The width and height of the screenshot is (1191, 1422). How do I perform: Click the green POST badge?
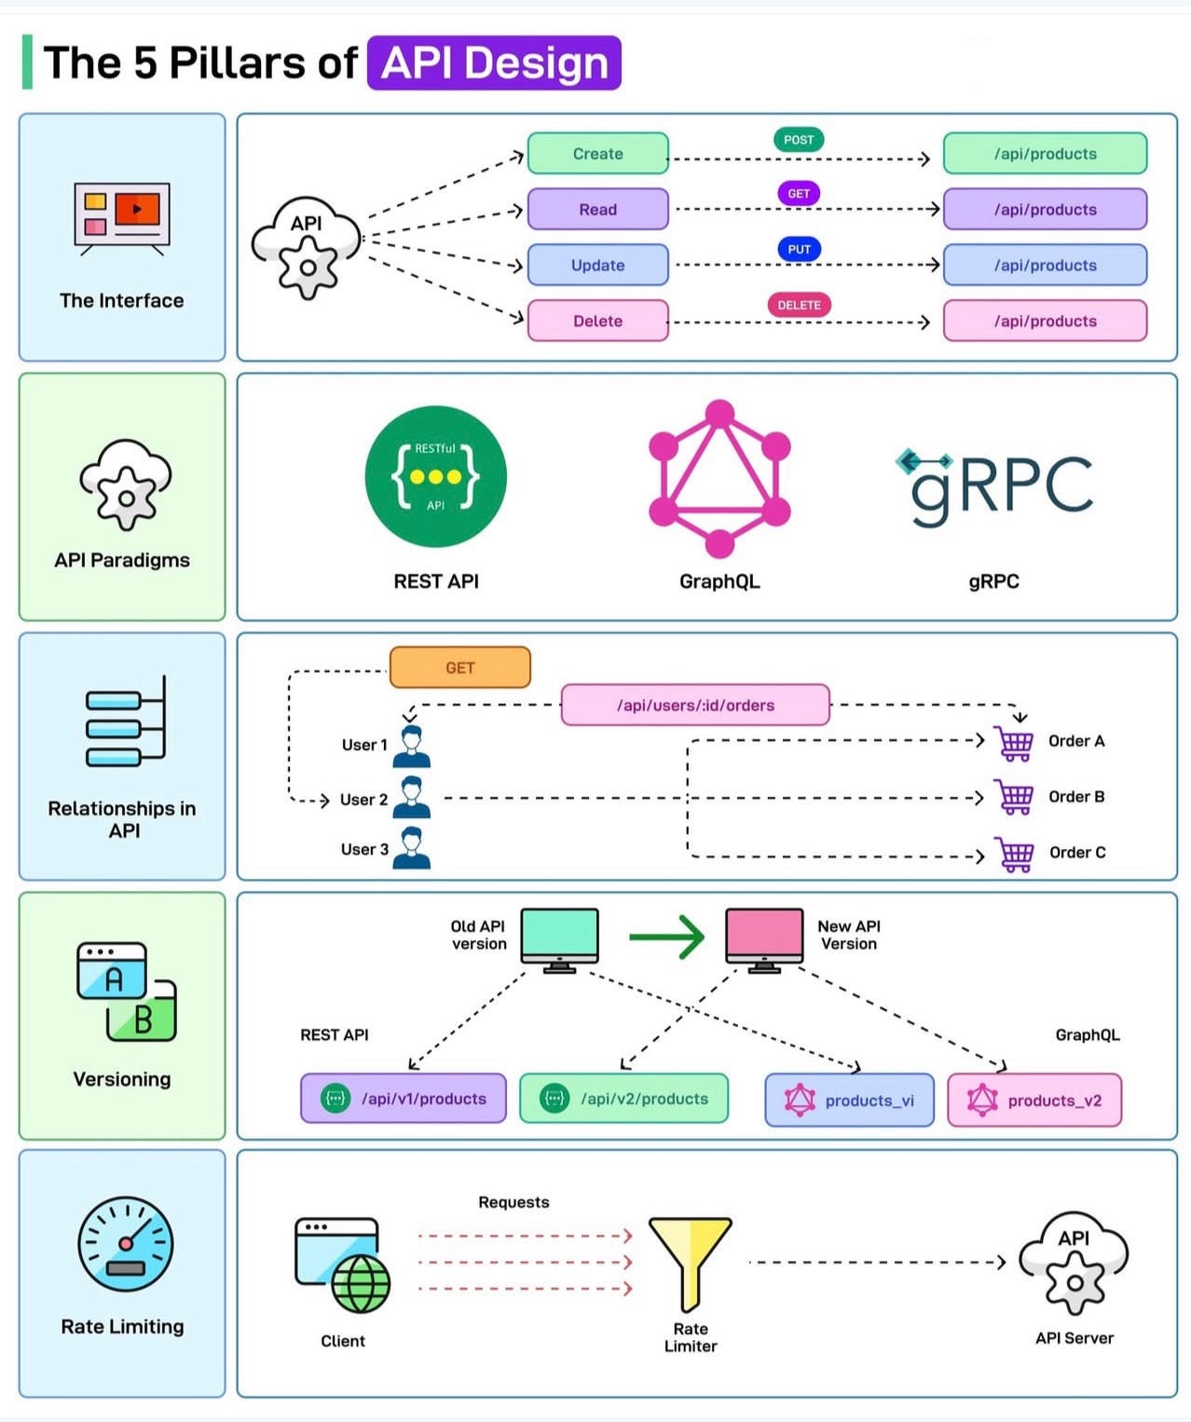[799, 140]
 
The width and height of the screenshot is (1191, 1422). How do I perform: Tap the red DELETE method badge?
[799, 305]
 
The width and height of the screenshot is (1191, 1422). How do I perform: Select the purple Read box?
[597, 210]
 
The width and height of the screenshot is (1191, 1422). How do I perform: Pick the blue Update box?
[597, 266]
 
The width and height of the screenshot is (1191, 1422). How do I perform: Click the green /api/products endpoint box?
[1045, 154]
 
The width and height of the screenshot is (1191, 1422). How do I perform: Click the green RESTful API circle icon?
[435, 476]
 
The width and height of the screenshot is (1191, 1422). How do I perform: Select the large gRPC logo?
[995, 485]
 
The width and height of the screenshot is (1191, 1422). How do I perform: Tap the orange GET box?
[460, 667]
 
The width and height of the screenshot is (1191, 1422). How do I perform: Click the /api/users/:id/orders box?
[695, 705]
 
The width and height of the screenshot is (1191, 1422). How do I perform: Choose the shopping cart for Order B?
[1014, 797]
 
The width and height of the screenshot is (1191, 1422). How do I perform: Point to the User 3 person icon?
[412, 848]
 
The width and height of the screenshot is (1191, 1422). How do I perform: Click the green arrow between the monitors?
[667, 937]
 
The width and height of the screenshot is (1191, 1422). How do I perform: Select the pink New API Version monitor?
[764, 939]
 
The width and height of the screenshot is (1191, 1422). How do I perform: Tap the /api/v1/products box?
[403, 1099]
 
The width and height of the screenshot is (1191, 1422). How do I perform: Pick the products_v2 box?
[1034, 1101]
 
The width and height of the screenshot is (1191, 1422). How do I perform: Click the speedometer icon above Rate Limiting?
[125, 1244]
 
